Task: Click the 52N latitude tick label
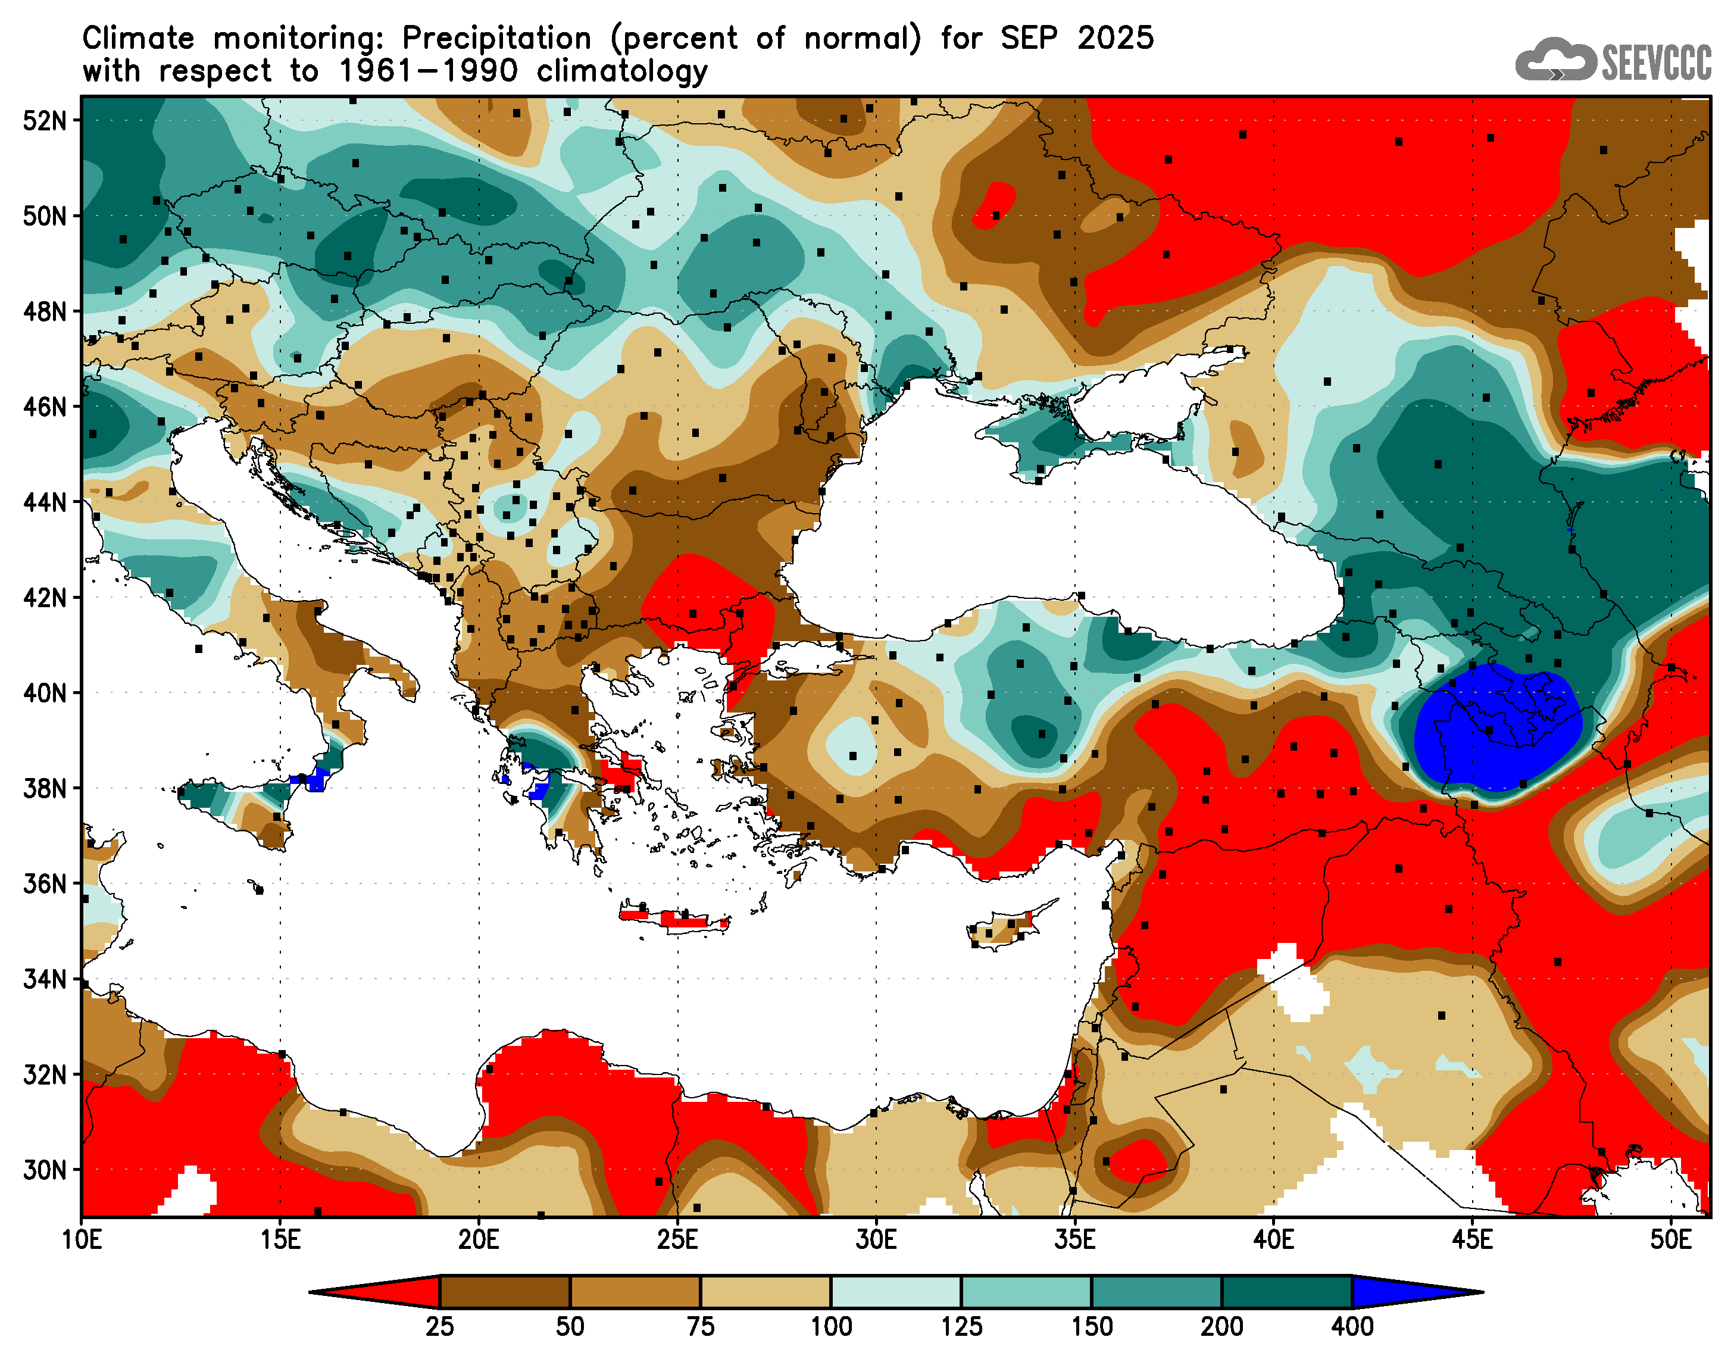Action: (x=45, y=121)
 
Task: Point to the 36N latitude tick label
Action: (x=45, y=885)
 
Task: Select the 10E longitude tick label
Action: (x=82, y=1241)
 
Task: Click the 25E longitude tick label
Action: (x=677, y=1241)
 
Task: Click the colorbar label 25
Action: (x=439, y=1327)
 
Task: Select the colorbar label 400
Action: (x=1352, y=1327)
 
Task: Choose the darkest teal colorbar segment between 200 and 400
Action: (x=1287, y=1292)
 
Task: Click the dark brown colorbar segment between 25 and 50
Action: (x=505, y=1292)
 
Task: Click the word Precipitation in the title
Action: (x=496, y=38)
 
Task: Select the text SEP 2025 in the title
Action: (x=1077, y=38)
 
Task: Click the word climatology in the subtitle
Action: (x=622, y=72)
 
